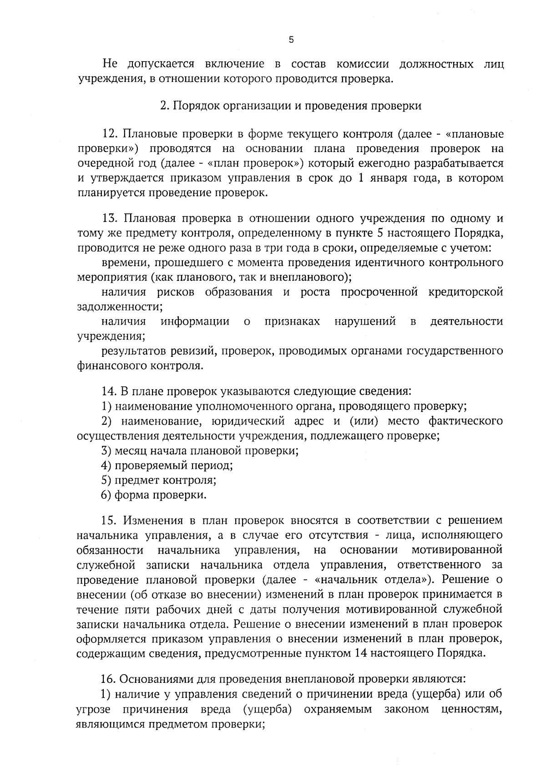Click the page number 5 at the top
291,40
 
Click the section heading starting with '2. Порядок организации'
291,106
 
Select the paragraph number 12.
110,134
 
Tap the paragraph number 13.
110,219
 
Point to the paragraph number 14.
109,391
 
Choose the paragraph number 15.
110,520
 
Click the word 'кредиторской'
466,292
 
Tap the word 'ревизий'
191,351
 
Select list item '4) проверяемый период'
167,466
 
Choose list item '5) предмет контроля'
158,480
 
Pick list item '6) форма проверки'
154,495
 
